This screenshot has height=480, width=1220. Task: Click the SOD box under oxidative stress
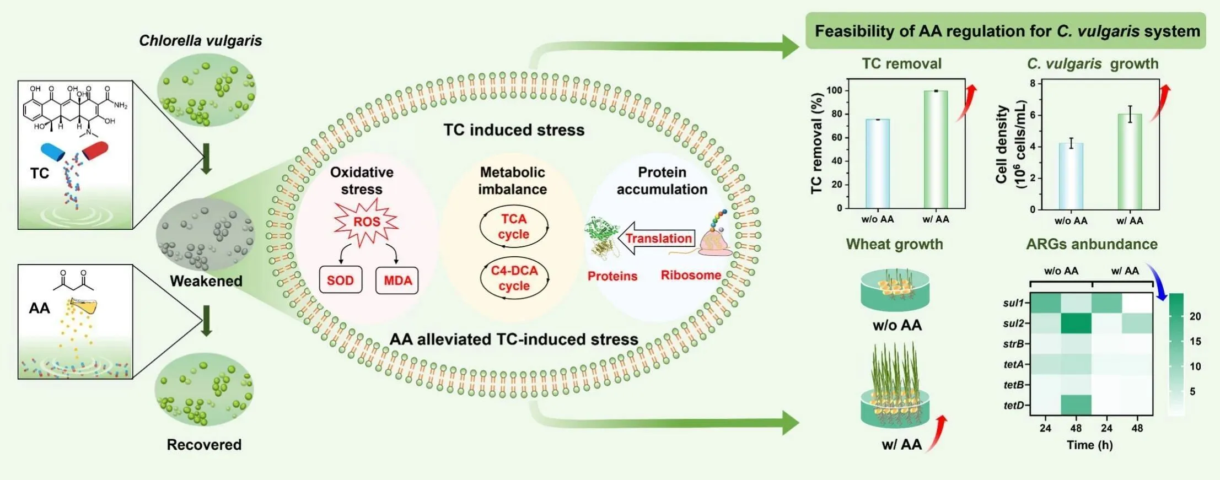pos(340,281)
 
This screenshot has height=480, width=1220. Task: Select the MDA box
pos(397,281)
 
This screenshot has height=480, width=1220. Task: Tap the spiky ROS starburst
pos(367,222)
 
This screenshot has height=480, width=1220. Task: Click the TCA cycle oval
pos(514,226)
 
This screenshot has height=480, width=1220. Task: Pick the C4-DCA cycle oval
pos(514,278)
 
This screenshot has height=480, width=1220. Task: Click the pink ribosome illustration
pos(714,241)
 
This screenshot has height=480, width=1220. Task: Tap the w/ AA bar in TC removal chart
pos(936,149)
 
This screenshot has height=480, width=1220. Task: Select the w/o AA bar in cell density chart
pos(1071,176)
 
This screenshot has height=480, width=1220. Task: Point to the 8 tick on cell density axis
pos(1033,83)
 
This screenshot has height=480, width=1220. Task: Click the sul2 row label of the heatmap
pos(1013,323)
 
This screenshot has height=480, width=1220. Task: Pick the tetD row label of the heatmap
pos(1013,406)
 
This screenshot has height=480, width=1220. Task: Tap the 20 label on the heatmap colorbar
pos(1195,316)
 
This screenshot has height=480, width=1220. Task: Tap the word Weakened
pos(206,281)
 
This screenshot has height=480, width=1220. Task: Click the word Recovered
pos(204,445)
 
